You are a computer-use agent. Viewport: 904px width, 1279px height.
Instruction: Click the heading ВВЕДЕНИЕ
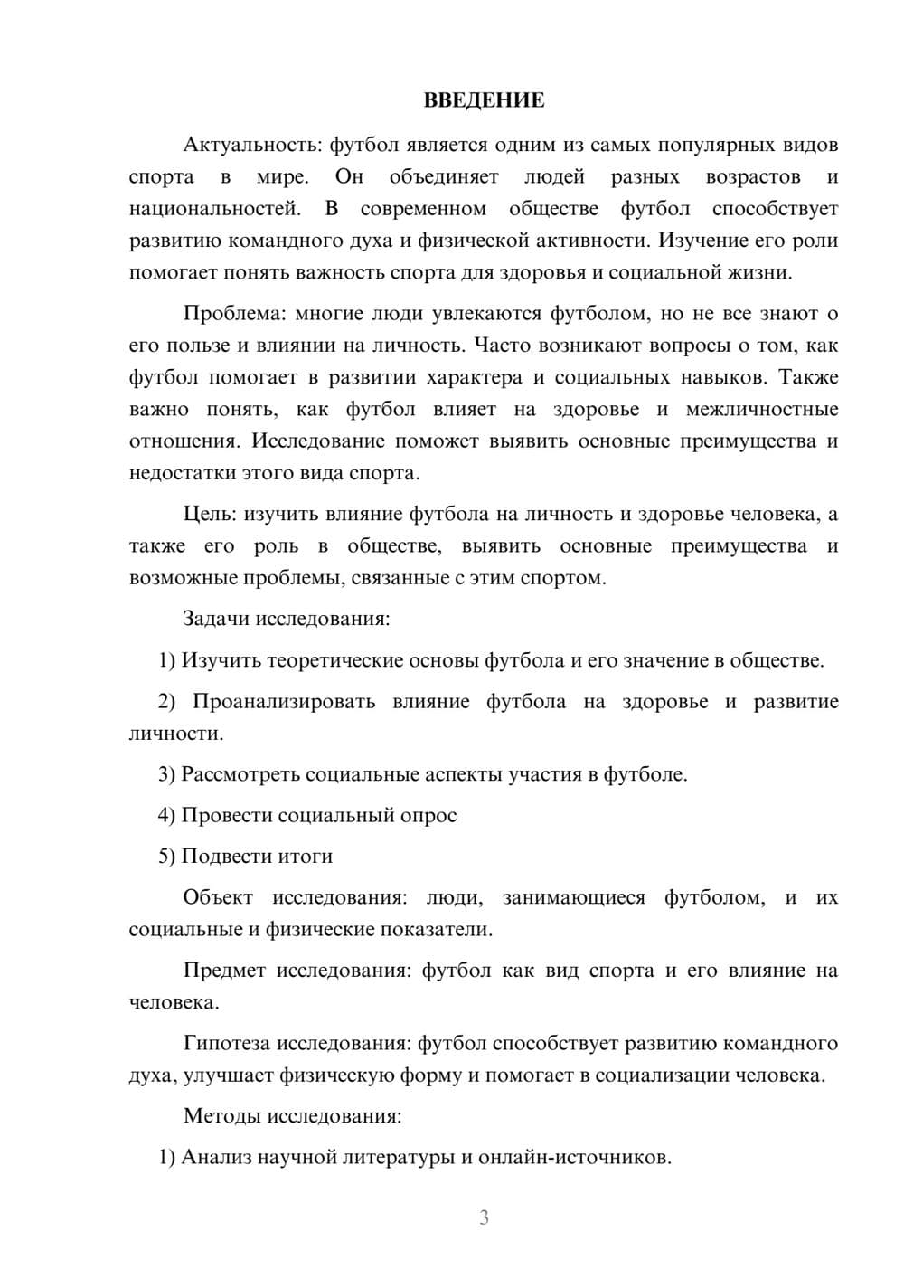point(484,100)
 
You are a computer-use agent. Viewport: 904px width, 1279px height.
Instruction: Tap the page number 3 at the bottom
point(484,1217)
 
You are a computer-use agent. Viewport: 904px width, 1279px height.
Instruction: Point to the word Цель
point(210,515)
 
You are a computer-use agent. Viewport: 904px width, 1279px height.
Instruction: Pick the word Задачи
point(216,620)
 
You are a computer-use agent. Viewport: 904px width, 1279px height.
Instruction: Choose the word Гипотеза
point(226,1043)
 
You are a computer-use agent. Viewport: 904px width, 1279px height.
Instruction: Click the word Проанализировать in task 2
point(283,702)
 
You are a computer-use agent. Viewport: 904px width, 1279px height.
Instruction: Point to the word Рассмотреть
point(240,774)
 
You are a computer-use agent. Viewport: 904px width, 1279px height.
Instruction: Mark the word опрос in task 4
point(428,815)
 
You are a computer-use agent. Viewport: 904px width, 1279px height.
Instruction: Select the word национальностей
point(214,209)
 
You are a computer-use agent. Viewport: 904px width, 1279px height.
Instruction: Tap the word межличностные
point(762,409)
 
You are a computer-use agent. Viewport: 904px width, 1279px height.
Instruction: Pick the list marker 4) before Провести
point(166,815)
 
